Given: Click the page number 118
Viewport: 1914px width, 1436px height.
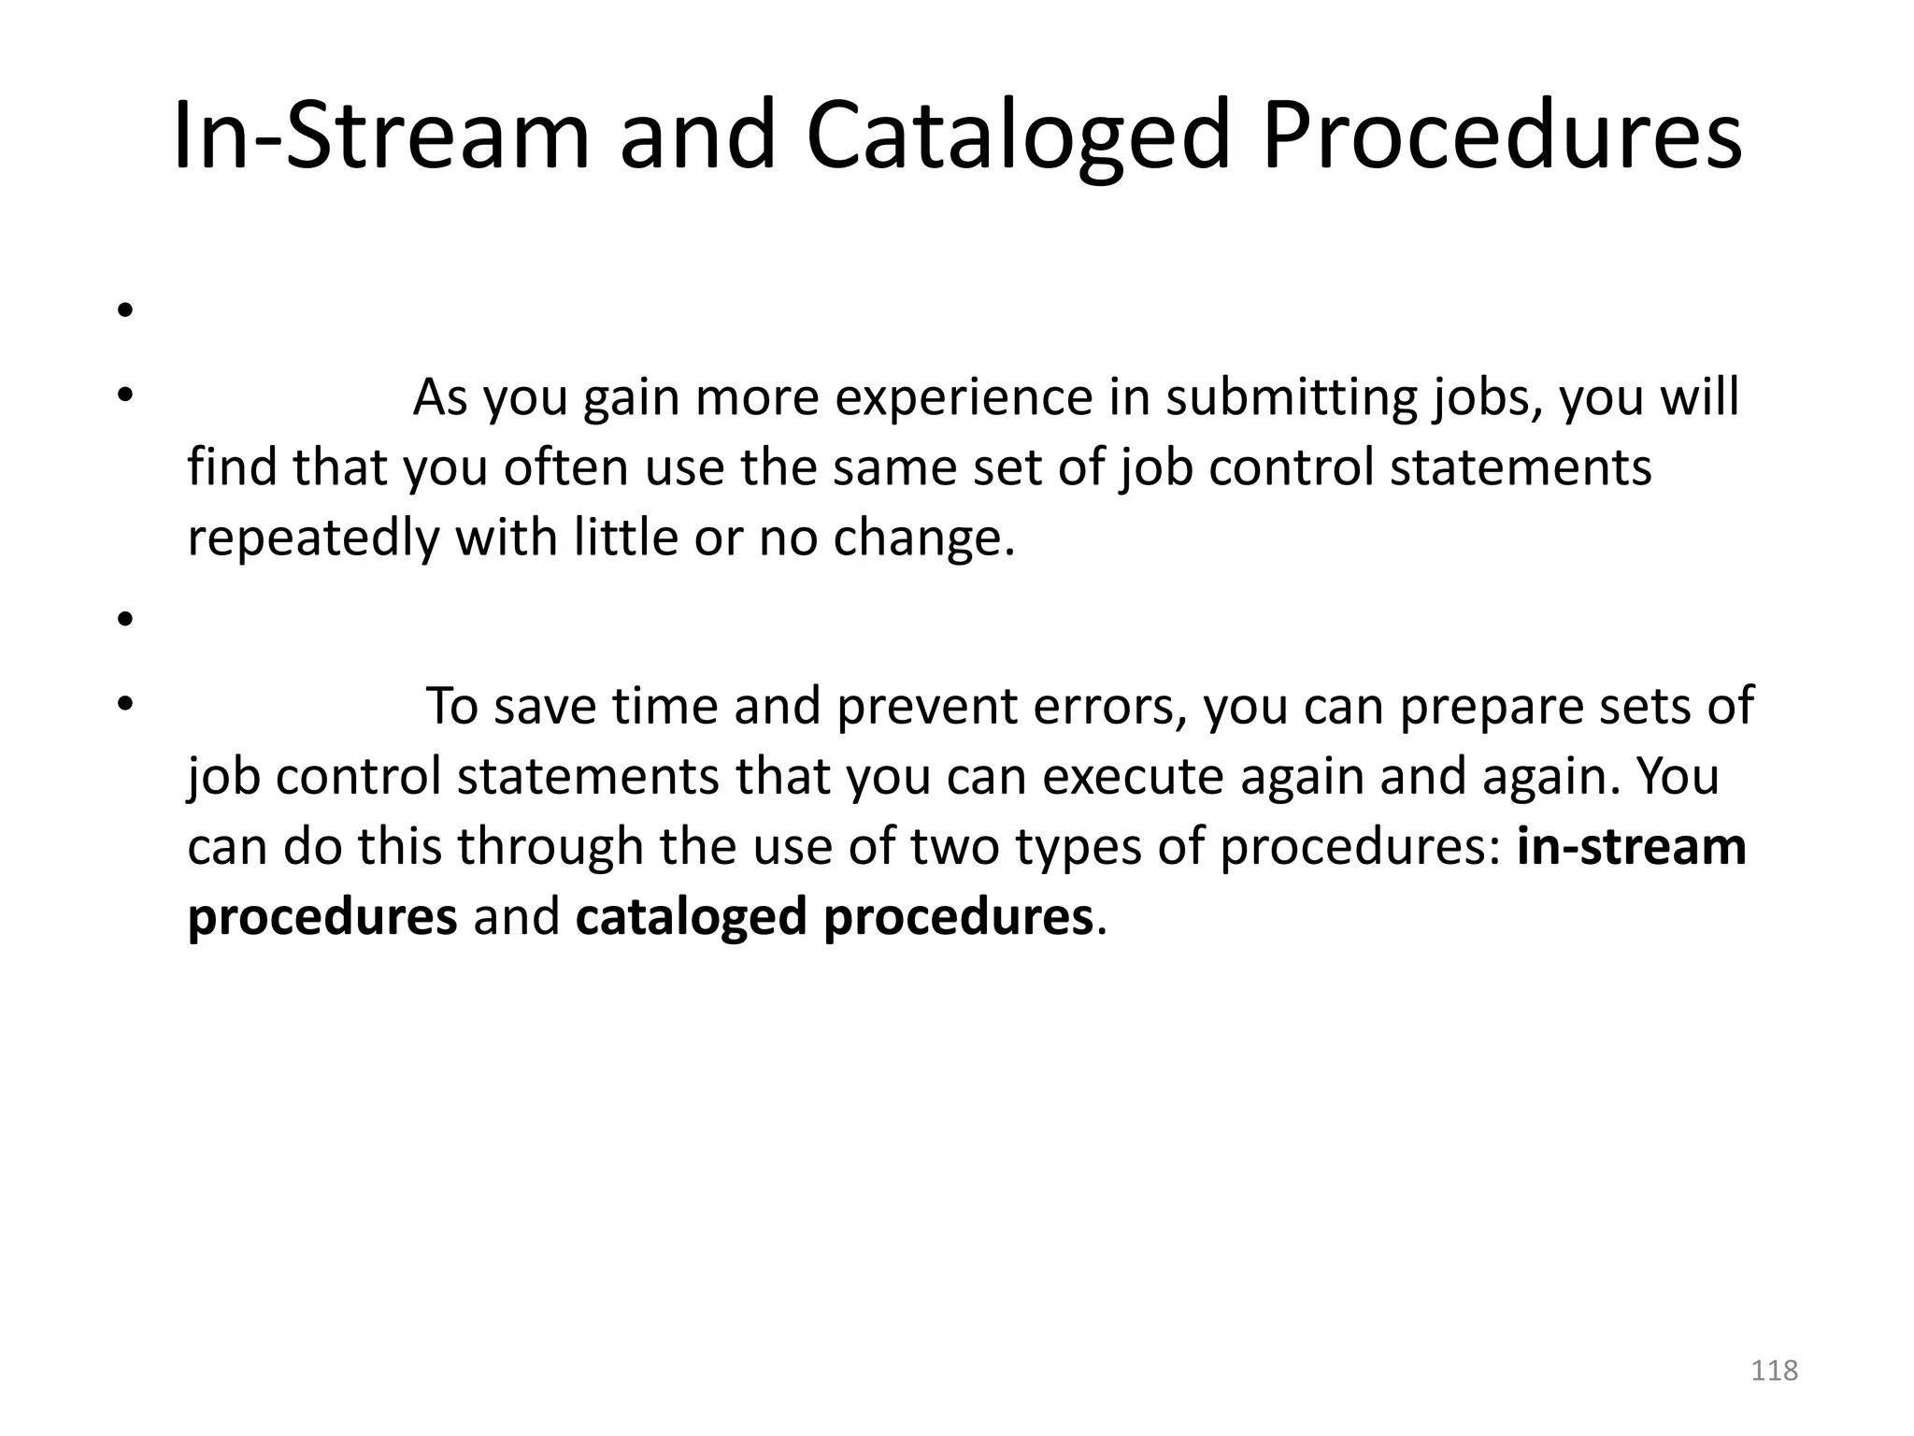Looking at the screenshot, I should point(1774,1371).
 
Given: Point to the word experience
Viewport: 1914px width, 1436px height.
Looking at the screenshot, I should point(964,398).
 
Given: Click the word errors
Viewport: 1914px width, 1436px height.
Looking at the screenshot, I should point(1109,707).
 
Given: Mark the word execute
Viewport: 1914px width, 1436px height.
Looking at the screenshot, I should point(1132,777).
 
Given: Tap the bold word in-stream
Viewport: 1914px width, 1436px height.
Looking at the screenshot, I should point(1631,847).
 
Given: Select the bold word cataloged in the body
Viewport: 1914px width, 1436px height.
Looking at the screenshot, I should point(691,917).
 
